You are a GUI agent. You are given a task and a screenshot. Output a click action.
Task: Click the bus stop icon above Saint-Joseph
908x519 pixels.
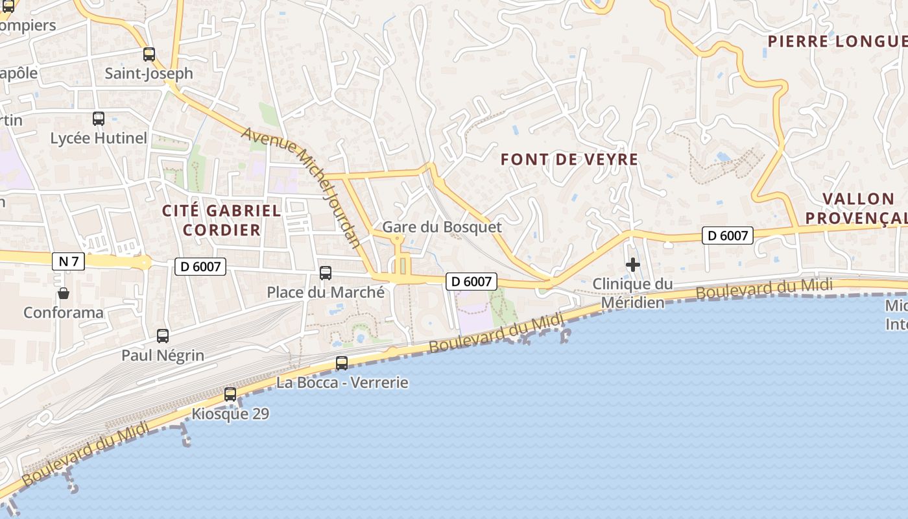[x=149, y=54]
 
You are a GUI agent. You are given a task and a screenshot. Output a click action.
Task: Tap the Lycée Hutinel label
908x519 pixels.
[x=99, y=138]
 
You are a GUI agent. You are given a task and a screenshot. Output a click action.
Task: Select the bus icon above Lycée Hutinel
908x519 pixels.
[x=99, y=119]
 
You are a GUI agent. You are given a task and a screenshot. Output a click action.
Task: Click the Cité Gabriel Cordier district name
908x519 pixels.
[x=222, y=220]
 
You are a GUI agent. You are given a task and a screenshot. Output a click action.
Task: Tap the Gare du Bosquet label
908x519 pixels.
[x=442, y=227]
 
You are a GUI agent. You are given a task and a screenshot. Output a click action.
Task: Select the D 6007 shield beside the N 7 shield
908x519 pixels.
[x=200, y=266]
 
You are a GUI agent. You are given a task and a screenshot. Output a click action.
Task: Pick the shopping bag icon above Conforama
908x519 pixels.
[x=64, y=293]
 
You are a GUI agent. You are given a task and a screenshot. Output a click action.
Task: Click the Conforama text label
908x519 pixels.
[x=64, y=313]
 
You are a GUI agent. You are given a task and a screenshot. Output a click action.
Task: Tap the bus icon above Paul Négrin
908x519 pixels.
[x=163, y=336]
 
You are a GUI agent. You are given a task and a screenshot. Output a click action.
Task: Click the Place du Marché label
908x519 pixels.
[x=326, y=293]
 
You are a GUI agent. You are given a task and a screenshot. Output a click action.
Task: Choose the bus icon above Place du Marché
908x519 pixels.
[x=326, y=273]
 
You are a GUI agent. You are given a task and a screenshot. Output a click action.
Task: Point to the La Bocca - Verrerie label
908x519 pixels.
[x=342, y=383]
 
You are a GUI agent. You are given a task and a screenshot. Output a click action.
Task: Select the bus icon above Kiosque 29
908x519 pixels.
[x=230, y=394]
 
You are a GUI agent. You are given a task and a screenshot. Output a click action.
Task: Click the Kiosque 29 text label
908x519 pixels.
[x=230, y=414]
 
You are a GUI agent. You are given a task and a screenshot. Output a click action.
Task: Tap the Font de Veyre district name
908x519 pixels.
[x=569, y=160]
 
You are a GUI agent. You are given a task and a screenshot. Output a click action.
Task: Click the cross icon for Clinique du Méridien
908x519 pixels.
[x=632, y=265]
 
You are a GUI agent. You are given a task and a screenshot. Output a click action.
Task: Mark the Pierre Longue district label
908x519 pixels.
[x=837, y=42]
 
